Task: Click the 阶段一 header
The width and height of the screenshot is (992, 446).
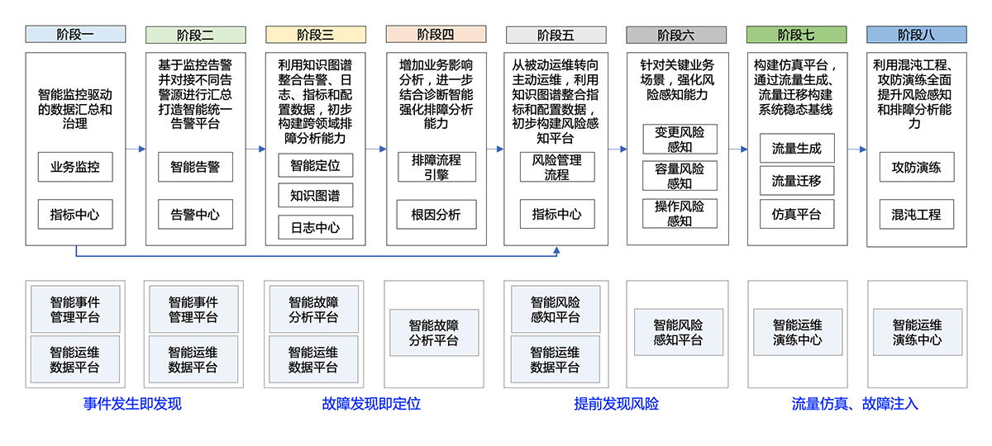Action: (75, 35)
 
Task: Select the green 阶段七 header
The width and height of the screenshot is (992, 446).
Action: (796, 35)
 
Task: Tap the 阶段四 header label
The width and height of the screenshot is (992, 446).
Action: (436, 35)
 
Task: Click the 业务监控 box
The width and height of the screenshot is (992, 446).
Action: (75, 167)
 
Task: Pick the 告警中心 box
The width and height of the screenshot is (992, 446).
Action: (195, 215)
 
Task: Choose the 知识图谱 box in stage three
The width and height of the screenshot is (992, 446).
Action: (315, 196)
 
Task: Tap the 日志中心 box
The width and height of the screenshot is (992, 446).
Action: (315, 227)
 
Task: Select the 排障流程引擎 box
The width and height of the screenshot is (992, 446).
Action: (436, 167)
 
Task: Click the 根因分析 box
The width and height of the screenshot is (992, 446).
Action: (436, 215)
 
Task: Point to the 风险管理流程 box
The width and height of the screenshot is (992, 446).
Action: (556, 167)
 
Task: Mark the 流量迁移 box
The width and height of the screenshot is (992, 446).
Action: (796, 180)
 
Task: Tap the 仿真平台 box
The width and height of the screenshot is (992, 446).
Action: (796, 215)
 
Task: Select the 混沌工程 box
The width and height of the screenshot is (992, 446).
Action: (916, 215)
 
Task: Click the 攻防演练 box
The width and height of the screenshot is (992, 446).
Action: (916, 167)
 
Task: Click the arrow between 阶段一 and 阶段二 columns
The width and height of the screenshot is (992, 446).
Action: (136, 149)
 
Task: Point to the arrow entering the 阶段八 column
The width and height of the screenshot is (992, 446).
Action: (857, 149)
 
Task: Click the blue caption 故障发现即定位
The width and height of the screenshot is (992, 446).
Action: (371, 404)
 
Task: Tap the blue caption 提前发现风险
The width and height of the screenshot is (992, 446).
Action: (617, 404)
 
